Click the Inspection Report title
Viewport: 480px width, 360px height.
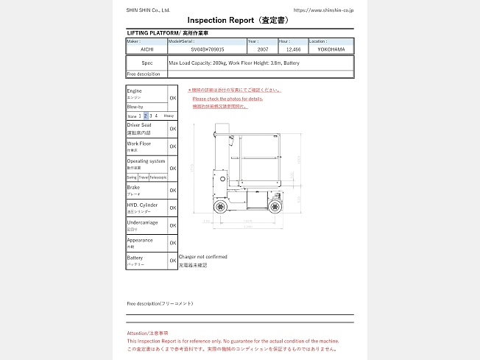coord(236,20)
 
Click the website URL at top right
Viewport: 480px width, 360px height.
coord(323,10)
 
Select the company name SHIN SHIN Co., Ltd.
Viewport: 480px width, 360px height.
coord(148,10)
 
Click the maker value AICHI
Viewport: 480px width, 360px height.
coord(147,49)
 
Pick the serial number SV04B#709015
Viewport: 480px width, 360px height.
coord(207,49)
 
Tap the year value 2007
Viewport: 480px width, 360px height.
coord(262,49)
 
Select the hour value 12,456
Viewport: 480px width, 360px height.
coord(293,49)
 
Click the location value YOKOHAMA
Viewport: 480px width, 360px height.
coord(331,49)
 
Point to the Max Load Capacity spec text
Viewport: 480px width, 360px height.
coord(234,63)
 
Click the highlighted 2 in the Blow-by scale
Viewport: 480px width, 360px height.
coord(146,116)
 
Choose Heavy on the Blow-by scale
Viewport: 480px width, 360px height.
coord(169,116)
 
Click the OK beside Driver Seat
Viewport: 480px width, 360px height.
coord(173,129)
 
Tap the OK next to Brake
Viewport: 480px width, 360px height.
coord(173,190)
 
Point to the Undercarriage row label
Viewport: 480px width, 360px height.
coord(141,222)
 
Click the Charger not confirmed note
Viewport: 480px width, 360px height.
coord(203,257)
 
